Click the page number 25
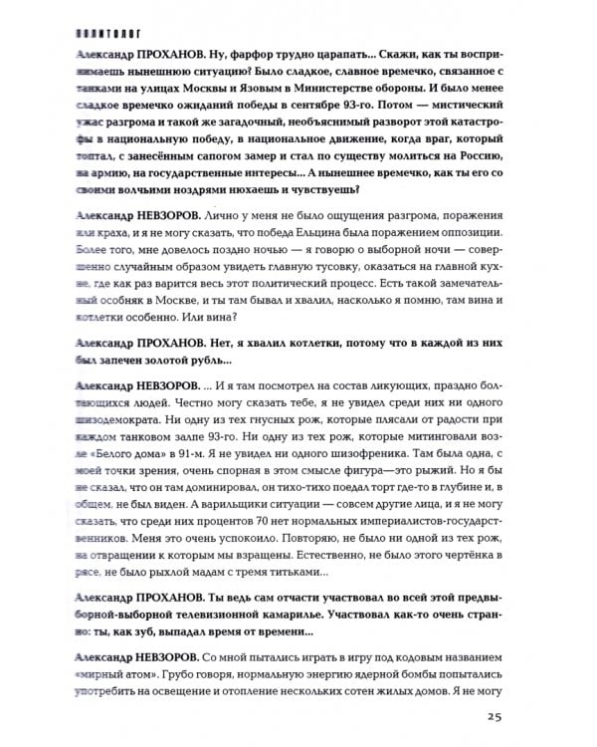coord(498,715)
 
